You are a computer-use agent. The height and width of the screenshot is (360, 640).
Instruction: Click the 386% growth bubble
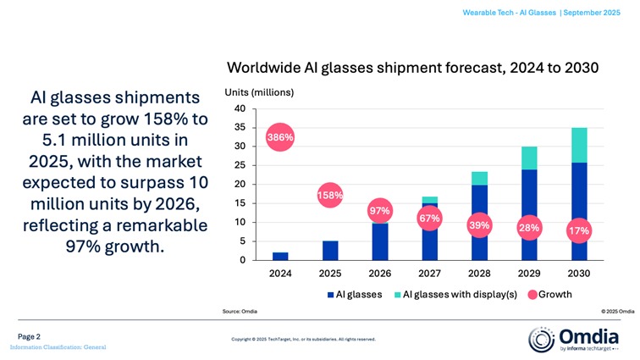click(280, 137)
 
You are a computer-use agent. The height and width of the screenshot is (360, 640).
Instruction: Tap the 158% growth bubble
click(330, 196)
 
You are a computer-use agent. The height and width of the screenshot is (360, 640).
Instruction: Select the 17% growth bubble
click(580, 230)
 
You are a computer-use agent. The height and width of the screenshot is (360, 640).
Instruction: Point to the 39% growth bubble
click(479, 225)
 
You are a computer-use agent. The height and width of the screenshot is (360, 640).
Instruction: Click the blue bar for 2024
click(280, 256)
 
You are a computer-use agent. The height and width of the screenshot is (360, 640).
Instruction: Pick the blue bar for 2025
click(330, 251)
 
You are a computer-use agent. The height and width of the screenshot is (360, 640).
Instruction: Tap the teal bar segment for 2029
click(529, 158)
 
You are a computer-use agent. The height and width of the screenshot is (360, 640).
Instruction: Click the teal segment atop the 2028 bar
click(479, 178)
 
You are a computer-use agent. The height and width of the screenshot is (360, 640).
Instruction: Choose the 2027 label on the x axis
click(429, 274)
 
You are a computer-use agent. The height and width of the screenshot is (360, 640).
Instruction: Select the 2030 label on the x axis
click(580, 274)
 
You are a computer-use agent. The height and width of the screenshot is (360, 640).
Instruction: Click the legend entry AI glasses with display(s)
click(454, 295)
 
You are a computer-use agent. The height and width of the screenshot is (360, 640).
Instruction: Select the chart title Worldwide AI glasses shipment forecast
click(412, 68)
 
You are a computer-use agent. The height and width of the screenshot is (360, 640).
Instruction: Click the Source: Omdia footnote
click(242, 312)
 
